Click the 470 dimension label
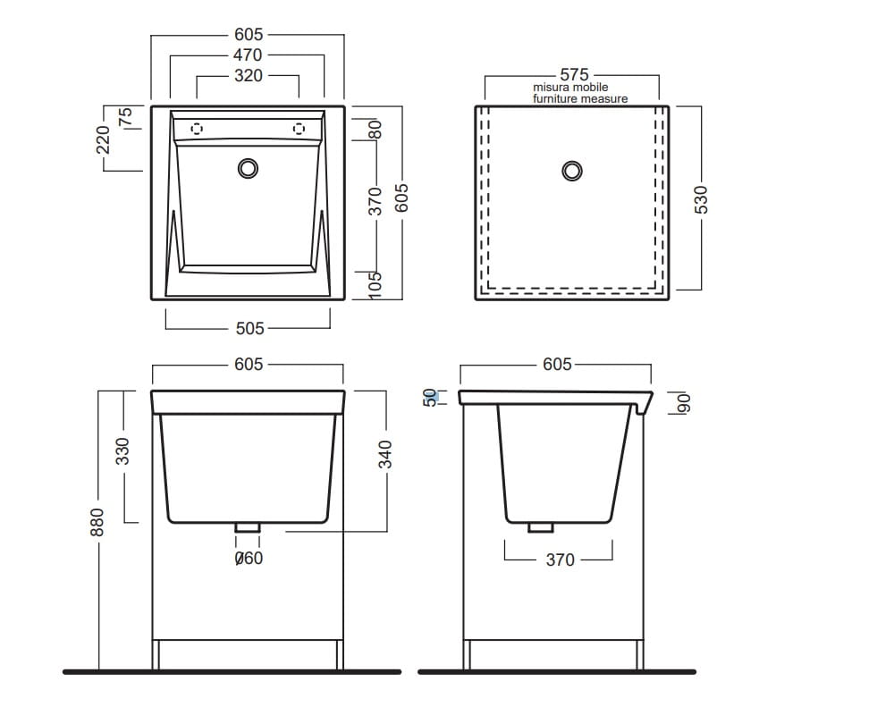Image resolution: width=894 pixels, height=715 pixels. (248, 55)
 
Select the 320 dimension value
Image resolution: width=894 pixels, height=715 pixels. (248, 76)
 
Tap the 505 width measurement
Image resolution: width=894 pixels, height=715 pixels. (249, 328)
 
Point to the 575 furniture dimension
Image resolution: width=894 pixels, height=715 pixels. (574, 75)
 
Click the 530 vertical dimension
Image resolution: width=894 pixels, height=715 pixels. (701, 199)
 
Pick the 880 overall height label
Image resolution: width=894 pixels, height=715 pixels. (97, 522)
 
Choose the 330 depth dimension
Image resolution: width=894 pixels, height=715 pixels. (122, 451)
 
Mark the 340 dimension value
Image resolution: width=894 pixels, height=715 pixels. (385, 454)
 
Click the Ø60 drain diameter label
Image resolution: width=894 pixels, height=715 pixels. (249, 558)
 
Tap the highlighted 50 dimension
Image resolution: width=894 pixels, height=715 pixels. (431, 398)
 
